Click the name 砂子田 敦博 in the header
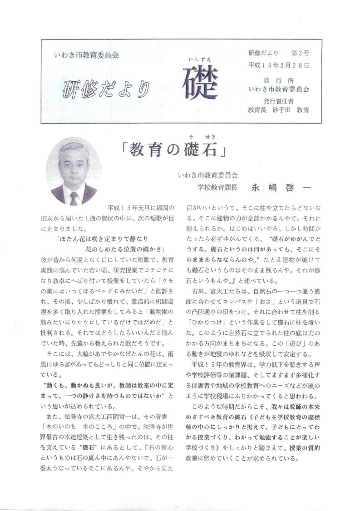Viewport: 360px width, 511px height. [292, 109]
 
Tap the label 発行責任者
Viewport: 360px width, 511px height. [279, 101]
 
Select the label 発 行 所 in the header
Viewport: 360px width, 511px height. [279, 79]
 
